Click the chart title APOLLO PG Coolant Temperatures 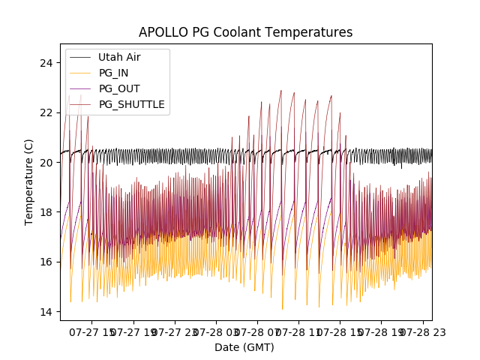245,32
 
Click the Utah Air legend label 119,57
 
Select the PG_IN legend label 114,73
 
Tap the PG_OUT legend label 119,88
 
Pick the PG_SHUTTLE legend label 132,104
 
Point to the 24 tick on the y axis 47,62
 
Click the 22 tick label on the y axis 47,112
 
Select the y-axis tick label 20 47,162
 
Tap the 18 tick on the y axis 47,212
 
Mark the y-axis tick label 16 47,262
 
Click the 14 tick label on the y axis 47,312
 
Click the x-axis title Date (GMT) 244,347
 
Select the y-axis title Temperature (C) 29,181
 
